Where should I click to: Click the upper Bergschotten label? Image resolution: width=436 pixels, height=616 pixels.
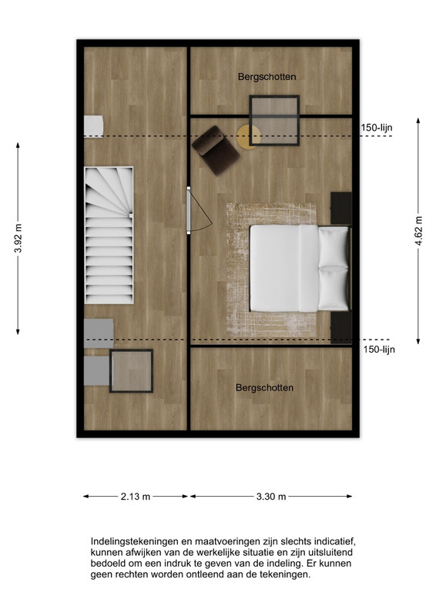[267, 77]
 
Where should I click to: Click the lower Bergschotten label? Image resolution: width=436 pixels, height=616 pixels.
[264, 388]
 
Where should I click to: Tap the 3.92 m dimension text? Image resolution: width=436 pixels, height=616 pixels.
[18, 239]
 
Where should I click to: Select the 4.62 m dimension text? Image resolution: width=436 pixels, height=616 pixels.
[418, 231]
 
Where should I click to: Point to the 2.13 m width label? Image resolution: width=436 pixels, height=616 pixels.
[136, 497]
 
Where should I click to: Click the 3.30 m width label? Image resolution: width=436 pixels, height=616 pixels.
[271, 497]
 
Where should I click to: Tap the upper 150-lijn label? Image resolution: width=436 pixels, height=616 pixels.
[377, 128]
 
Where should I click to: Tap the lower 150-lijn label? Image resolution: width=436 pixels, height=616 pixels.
[379, 350]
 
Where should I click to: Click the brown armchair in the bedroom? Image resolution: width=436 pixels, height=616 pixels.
[216, 150]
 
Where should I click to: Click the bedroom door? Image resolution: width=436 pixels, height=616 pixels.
[189, 210]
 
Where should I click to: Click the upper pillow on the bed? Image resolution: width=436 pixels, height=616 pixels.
[334, 246]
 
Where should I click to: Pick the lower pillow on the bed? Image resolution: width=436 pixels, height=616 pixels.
[334, 288]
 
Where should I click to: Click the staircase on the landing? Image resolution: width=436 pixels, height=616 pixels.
[109, 236]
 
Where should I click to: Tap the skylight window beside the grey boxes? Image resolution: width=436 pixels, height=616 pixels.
[131, 371]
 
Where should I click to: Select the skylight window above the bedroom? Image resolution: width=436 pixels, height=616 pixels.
[274, 121]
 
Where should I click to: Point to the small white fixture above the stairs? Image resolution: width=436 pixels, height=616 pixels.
[93, 126]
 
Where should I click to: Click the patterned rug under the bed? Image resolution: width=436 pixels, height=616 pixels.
[272, 270]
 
